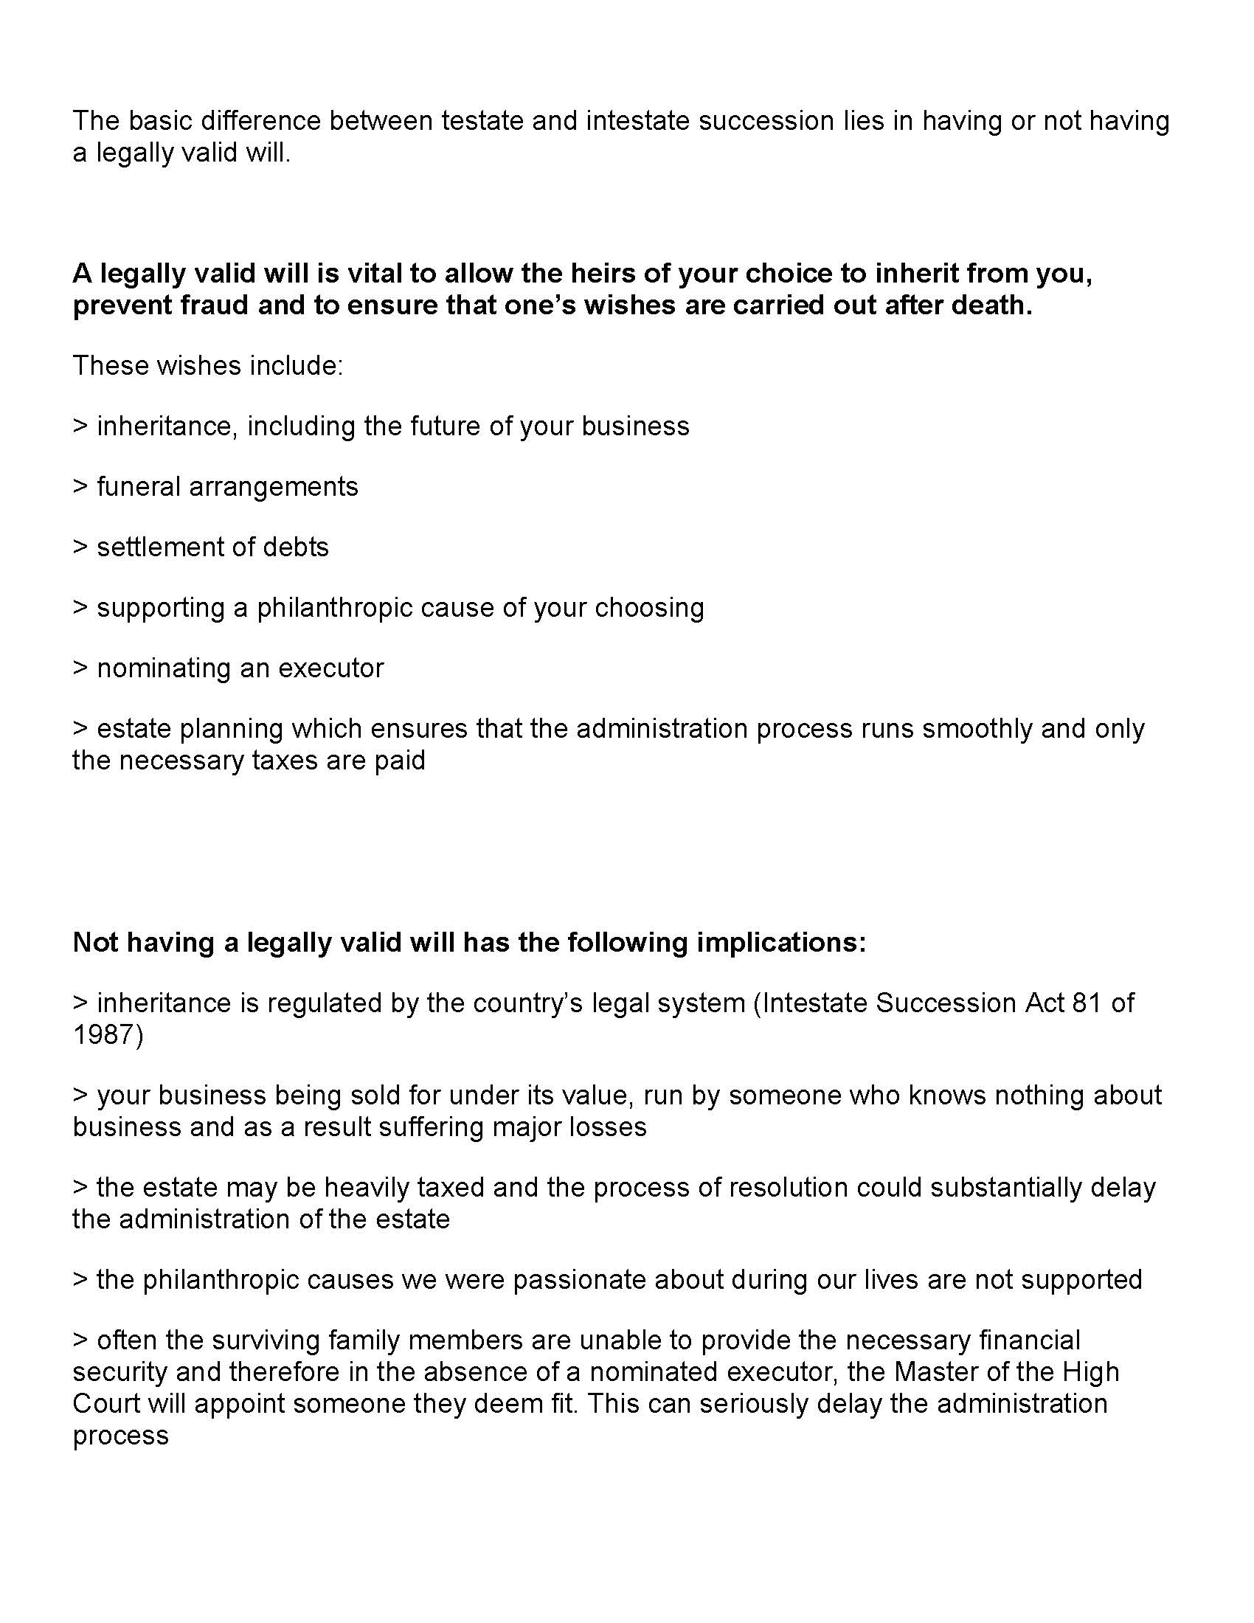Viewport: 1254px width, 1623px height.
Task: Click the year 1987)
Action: pyautogui.click(x=108, y=1034)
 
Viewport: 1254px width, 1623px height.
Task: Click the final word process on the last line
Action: pyautogui.click(x=121, y=1435)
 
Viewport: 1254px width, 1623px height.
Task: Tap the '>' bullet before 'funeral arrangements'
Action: pyautogui.click(x=80, y=487)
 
